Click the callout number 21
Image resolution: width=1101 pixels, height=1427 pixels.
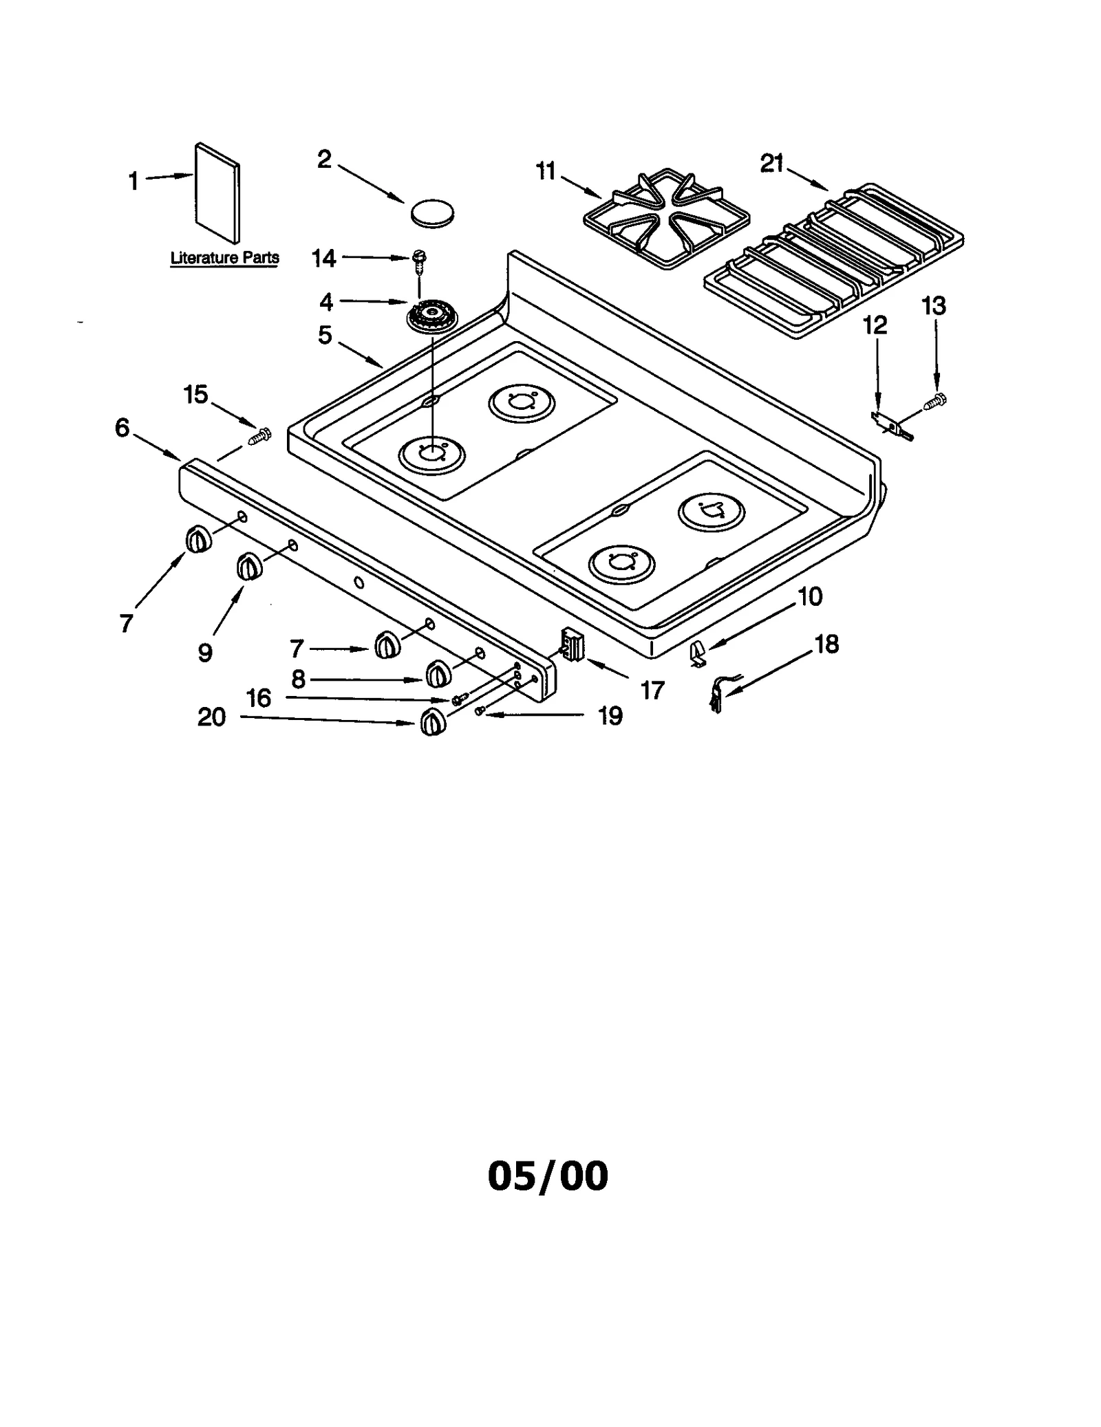click(x=771, y=164)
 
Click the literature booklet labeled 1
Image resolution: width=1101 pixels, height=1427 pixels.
click(x=217, y=193)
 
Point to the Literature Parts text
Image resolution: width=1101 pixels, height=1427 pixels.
click(x=224, y=258)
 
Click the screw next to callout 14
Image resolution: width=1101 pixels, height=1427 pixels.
click(x=419, y=259)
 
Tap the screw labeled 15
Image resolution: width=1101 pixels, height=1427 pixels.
click(x=260, y=435)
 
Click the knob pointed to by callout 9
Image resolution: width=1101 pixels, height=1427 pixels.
click(x=249, y=567)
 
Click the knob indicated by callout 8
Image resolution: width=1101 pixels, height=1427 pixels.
click(x=437, y=673)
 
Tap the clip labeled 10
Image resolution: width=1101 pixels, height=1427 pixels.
click(x=698, y=652)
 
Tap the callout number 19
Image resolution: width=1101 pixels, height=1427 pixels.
click(x=610, y=716)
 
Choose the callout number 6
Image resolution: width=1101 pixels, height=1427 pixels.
click(x=122, y=428)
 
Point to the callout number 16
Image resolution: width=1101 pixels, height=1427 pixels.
click(x=259, y=698)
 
